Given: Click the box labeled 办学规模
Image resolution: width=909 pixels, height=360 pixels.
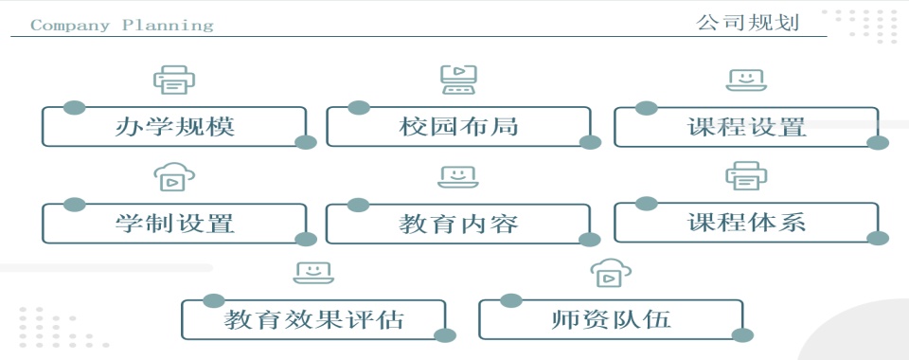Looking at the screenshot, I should (x=174, y=127).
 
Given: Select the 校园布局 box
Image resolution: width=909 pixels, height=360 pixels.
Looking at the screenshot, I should (x=458, y=127).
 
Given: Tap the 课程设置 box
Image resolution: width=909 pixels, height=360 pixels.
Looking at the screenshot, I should (x=746, y=127).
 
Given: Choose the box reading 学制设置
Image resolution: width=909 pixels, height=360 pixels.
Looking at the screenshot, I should (x=174, y=225).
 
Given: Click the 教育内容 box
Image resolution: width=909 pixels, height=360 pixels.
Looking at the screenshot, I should (x=458, y=225).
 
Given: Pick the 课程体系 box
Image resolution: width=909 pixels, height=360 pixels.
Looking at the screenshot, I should (x=746, y=224).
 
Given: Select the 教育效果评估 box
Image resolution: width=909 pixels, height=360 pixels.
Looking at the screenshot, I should (x=313, y=319).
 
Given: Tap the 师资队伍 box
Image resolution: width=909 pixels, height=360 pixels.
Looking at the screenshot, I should (x=611, y=319).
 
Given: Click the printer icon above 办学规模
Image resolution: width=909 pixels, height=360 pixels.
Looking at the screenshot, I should (x=174, y=80).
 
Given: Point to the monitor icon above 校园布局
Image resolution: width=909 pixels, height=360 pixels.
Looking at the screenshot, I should (x=458, y=80).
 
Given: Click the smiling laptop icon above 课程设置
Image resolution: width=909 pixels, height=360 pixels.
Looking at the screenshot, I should (x=746, y=80).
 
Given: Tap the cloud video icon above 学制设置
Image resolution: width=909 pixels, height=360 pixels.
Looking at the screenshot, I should (x=174, y=176).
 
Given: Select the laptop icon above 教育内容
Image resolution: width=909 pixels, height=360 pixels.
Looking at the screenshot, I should (x=458, y=176).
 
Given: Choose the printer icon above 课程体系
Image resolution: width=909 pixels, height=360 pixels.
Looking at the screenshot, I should (x=746, y=175).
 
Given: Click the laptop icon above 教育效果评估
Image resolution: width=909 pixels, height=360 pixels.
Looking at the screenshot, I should (x=313, y=273).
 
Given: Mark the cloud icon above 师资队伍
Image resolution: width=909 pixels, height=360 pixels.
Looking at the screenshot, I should (x=611, y=274).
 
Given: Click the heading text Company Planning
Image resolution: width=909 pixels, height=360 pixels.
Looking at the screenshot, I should (x=121, y=26).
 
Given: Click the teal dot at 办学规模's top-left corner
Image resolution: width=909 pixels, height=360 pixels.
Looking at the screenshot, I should (x=74, y=107).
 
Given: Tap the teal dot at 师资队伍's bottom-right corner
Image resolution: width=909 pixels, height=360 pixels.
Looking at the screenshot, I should (x=743, y=334).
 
